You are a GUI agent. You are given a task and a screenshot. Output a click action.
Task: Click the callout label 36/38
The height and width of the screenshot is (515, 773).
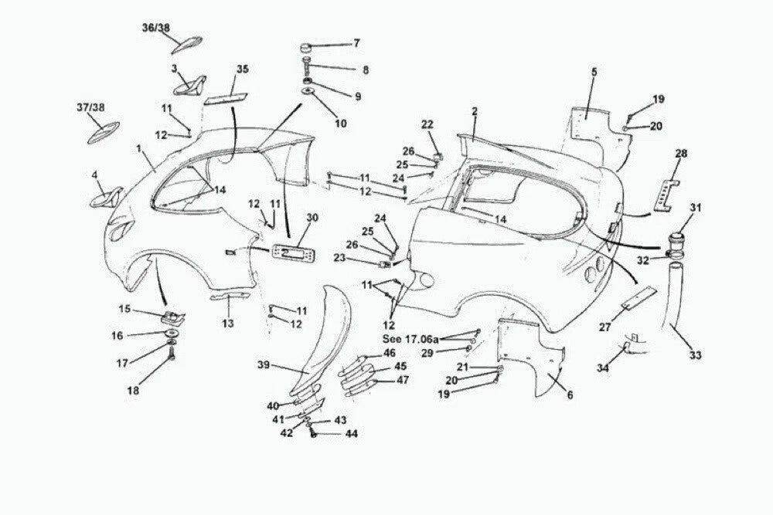[x=156, y=28]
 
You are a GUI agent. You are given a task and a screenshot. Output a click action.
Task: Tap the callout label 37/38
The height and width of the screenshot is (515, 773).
[x=90, y=107]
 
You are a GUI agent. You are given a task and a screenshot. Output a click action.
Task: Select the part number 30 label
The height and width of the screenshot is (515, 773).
[x=312, y=217]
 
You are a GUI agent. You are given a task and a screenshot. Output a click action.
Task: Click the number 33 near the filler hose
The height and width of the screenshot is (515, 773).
[x=695, y=355]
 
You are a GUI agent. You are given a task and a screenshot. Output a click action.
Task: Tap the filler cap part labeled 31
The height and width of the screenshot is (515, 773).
[x=679, y=243]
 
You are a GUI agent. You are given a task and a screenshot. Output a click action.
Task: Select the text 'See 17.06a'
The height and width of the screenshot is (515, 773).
[x=410, y=339]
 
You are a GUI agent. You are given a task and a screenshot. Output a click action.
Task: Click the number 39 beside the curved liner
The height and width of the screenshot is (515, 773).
[x=264, y=365]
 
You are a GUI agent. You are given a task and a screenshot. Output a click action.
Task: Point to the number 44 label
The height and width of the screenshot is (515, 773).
[x=352, y=434]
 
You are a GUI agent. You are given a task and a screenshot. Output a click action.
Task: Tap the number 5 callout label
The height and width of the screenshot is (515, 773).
[x=594, y=72]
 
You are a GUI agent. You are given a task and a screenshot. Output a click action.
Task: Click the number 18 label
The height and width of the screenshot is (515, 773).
[x=133, y=391]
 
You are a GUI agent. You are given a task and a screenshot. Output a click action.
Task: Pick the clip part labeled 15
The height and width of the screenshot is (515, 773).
[x=173, y=317]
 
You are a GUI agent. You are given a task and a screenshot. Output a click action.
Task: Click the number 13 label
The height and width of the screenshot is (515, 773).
[x=228, y=324]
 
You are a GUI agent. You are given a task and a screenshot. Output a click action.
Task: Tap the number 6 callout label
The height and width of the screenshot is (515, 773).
[x=570, y=395]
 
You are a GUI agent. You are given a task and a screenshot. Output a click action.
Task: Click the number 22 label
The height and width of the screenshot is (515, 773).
[x=427, y=124]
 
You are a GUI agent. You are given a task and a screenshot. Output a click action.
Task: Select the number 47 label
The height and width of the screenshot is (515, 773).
[x=403, y=380]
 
